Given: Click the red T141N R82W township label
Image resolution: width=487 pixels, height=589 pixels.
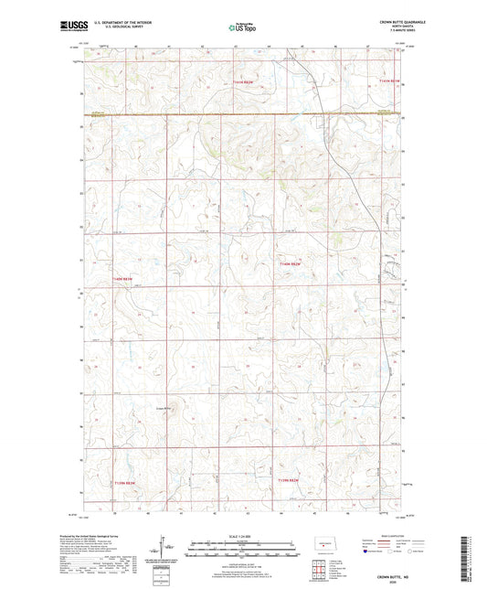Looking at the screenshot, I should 249,81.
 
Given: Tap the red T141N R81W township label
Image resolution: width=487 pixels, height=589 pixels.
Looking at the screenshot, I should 390,81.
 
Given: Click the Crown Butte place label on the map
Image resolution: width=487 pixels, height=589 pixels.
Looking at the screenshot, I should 164,407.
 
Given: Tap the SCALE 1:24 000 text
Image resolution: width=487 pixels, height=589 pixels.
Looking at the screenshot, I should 243,535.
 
